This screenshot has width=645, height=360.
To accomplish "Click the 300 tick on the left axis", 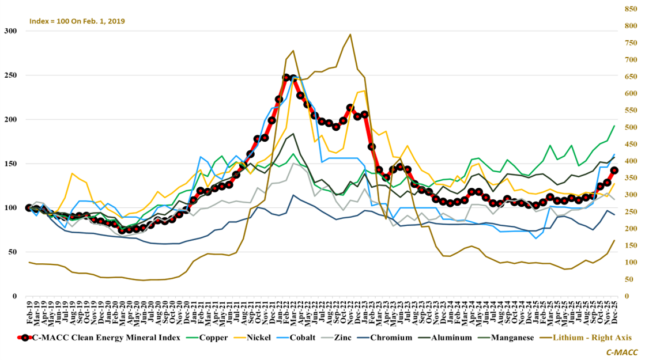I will pyautogui.click(x=12, y=31).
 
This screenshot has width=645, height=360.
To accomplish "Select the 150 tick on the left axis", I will pyautogui.click(x=12, y=164).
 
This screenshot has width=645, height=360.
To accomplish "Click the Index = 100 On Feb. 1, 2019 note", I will pyautogui.click(x=77, y=21).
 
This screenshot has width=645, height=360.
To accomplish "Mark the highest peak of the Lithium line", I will pyautogui.click(x=350, y=35).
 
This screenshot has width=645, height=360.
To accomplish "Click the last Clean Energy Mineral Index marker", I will pyautogui.click(x=614, y=170).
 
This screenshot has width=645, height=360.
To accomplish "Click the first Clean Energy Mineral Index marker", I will pyautogui.click(x=29, y=207).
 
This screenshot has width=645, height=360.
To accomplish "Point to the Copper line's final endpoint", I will pyautogui.click(x=614, y=126).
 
